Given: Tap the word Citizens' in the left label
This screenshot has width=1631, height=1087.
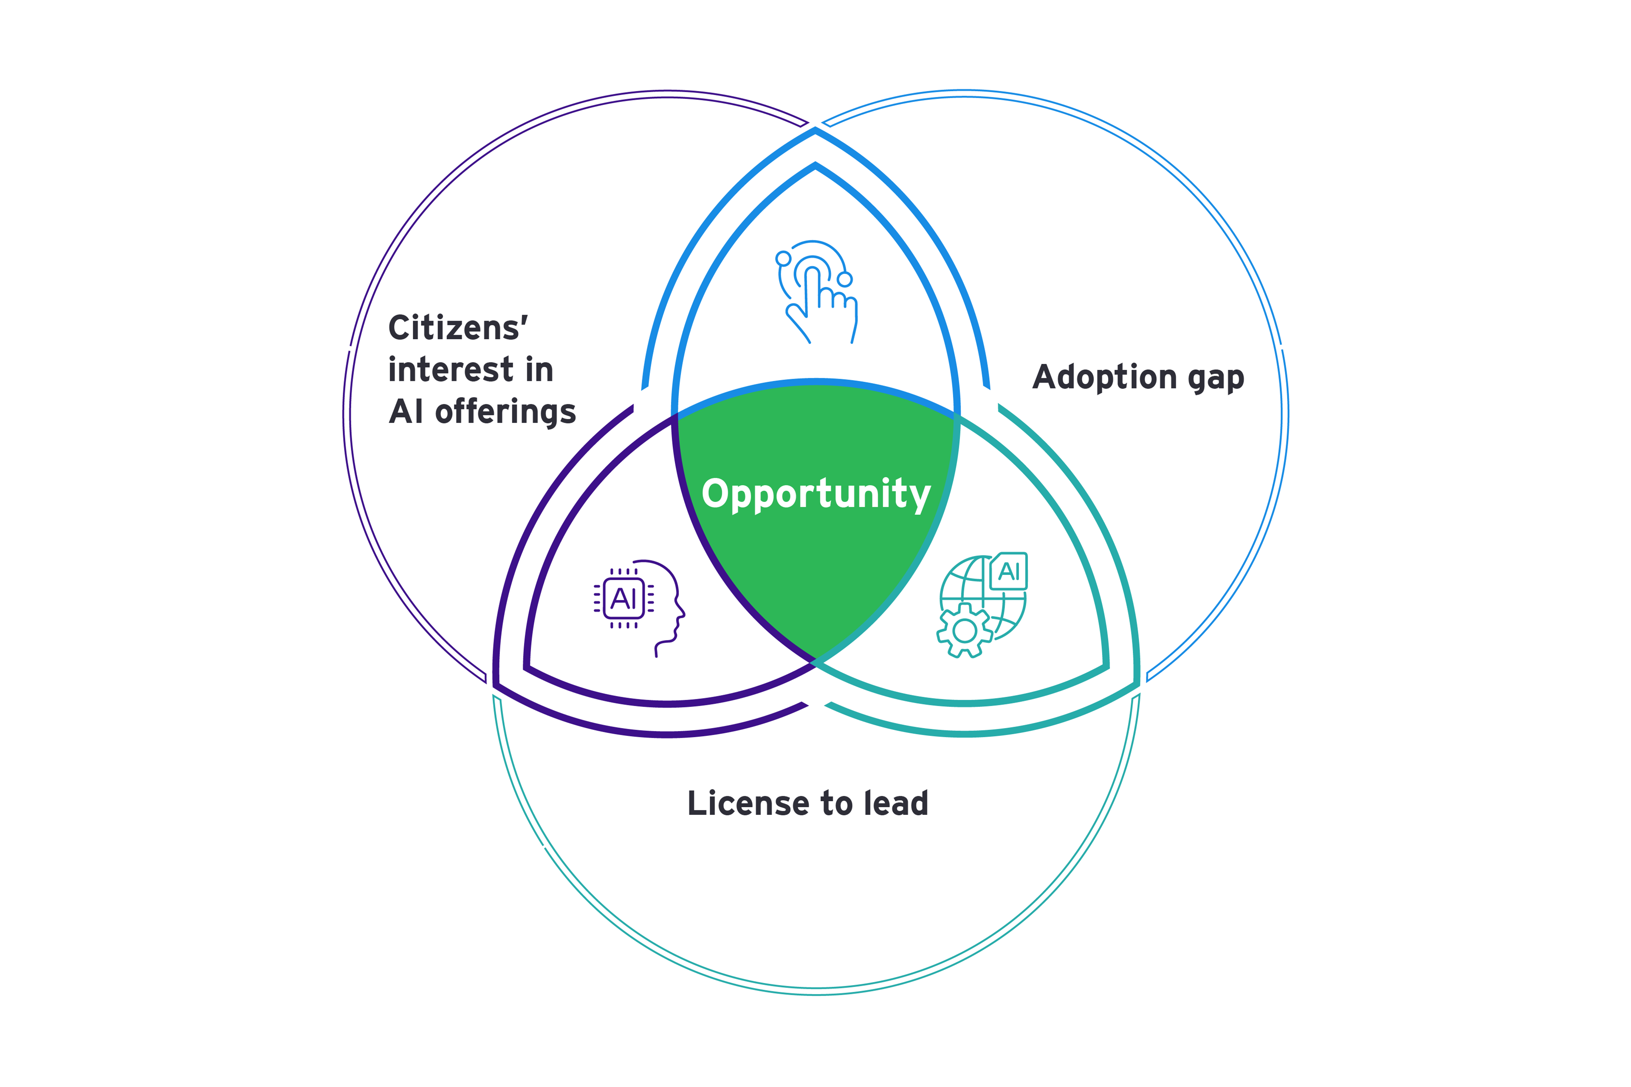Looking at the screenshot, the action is (x=458, y=327).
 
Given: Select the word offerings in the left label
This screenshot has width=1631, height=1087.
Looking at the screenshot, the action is (x=505, y=412).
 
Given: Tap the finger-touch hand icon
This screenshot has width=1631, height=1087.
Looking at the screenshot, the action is (x=817, y=292).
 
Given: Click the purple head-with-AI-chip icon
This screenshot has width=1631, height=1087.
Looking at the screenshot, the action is (x=639, y=608).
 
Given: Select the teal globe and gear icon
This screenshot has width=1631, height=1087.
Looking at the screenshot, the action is (x=981, y=605).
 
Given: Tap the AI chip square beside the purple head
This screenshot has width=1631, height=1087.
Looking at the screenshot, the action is (x=624, y=598).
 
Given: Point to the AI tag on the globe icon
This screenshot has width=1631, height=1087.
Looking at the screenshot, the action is (x=1008, y=571).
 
